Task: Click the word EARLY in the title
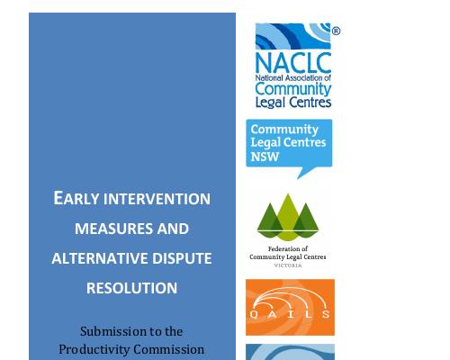(x=76, y=198)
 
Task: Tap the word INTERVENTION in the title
(x=157, y=199)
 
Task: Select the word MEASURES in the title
(x=114, y=229)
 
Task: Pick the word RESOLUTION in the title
(x=131, y=288)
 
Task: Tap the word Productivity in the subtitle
(x=94, y=349)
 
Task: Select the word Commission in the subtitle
(x=169, y=349)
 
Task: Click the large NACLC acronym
(x=293, y=62)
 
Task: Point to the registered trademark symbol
(x=336, y=31)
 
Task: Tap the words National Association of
(x=293, y=78)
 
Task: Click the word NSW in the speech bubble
(x=265, y=157)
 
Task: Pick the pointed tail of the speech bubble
(x=298, y=179)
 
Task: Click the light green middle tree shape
(x=288, y=216)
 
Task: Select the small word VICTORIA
(x=288, y=265)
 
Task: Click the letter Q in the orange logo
(x=254, y=314)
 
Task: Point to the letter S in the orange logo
(x=326, y=314)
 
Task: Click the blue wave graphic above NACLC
(x=293, y=36)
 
